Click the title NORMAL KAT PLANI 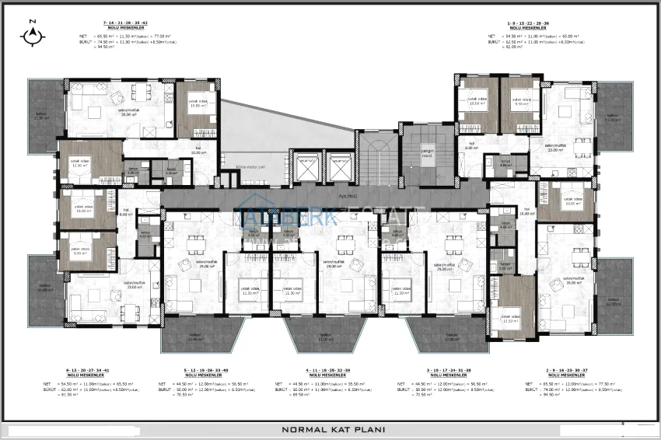pyautogui.click(x=331, y=428)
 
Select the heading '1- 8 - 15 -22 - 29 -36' pyautogui.click(x=519, y=26)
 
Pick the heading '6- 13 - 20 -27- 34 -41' pyautogui.click(x=80, y=372)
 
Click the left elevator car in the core pyautogui.click(x=308, y=166)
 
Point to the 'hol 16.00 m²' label pyautogui.click(x=526, y=211)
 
